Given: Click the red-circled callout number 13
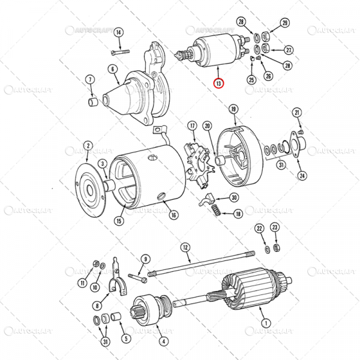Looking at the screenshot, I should pyautogui.click(x=219, y=84).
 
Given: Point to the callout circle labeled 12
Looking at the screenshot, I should pyautogui.click(x=185, y=247).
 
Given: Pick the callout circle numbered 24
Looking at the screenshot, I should pyautogui.click(x=302, y=176).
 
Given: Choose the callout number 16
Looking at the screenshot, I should pyautogui.click(x=173, y=214).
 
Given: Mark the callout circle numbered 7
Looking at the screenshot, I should pyautogui.click(x=90, y=79).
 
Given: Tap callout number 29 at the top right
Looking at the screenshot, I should pyautogui.click(x=284, y=23).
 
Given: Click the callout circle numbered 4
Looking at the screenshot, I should pyautogui.click(x=162, y=342).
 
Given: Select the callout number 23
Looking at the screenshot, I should pyautogui.click(x=274, y=227).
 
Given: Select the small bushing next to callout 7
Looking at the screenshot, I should pyautogui.click(x=93, y=103).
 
